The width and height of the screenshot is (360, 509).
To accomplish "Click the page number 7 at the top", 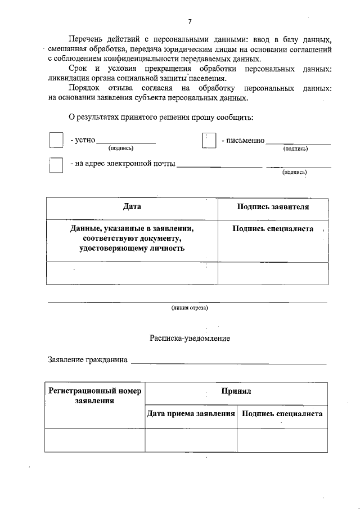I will click(x=190, y=21).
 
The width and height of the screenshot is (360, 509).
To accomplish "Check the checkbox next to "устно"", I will click(x=56, y=140).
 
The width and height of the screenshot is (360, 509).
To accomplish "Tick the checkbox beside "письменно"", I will click(x=209, y=141).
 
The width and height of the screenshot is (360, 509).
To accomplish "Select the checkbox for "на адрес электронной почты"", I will click(x=56, y=165).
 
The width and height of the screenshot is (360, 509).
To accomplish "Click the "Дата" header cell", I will click(x=132, y=206).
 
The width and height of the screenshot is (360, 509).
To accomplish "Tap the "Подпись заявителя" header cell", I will click(x=273, y=207).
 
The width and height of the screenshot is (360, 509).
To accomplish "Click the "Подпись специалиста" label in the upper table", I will click(x=273, y=229).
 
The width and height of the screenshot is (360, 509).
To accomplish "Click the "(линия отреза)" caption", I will click(x=190, y=308).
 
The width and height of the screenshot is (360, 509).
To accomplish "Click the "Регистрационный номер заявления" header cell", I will click(x=94, y=395).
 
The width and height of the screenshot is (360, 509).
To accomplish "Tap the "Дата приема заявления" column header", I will click(x=191, y=413).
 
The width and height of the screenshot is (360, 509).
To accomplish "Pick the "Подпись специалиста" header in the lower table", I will click(x=282, y=413).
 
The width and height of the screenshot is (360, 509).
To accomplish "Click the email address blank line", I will click(x=219, y=165).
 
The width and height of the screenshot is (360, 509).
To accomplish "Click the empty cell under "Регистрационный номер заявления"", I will click(x=94, y=440).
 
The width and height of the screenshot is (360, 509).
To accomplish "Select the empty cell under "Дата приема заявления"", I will click(x=191, y=440).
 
